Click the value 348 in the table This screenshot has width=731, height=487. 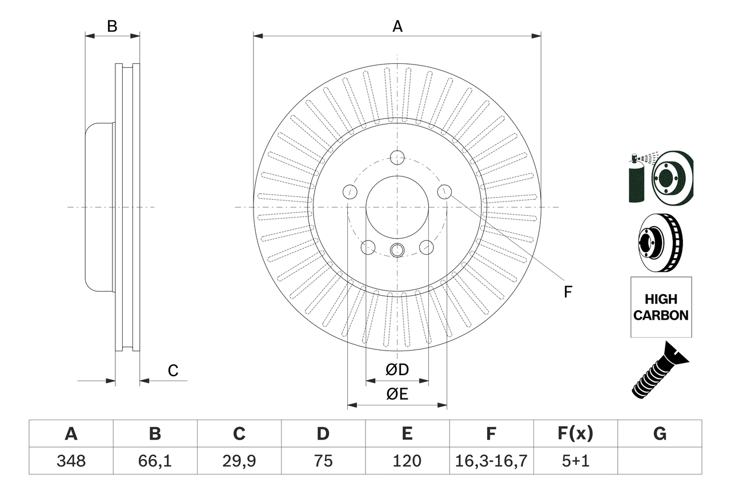71,461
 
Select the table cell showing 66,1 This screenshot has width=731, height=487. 155,461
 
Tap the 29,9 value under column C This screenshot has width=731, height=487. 239,461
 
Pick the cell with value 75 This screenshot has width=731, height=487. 323,461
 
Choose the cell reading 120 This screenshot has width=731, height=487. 407,461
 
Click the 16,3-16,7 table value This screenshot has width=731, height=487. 491,461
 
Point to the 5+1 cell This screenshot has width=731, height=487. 575,461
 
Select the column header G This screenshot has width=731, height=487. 660,434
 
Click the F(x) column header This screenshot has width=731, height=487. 575,434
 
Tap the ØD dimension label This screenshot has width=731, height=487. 397,370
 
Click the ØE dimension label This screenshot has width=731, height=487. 397,395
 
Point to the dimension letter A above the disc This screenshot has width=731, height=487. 397,26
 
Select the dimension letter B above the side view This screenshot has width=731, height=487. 113,26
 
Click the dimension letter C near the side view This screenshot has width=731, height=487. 173,371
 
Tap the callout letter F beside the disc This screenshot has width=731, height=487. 568,292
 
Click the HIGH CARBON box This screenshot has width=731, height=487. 661,307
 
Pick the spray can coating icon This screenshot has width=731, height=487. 636,178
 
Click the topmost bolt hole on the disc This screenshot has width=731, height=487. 397,157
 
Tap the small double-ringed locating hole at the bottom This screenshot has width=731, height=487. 397,249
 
